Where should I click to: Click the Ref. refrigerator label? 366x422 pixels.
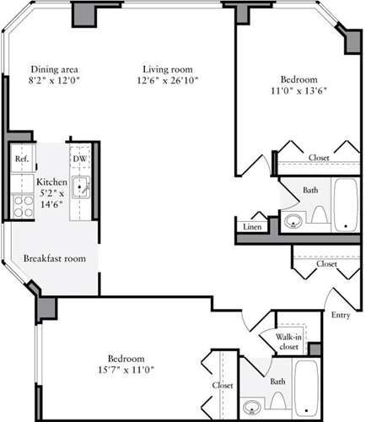[22, 159]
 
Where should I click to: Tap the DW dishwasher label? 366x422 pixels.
[79, 159]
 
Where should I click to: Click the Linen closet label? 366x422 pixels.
[251, 226]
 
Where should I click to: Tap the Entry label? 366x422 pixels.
[341, 315]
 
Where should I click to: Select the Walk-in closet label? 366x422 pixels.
[288, 341]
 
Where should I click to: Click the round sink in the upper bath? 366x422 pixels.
[293, 222]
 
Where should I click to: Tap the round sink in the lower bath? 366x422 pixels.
[252, 408]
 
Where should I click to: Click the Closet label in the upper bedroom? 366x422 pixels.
[318, 158]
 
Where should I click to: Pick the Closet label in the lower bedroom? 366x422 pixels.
[223, 386]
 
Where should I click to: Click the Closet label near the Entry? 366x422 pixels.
[326, 263]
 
